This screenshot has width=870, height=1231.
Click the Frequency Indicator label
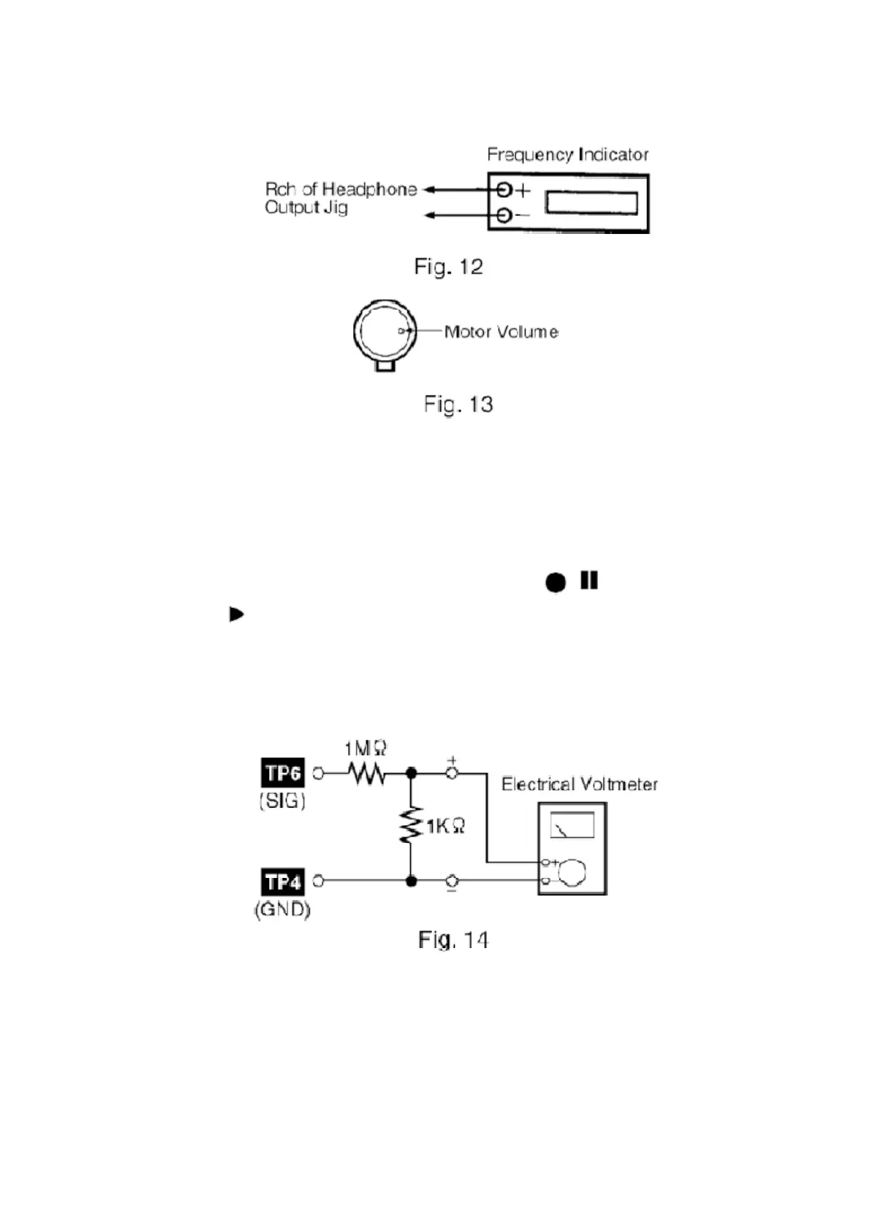(x=567, y=154)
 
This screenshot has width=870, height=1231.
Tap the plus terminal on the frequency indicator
(x=504, y=190)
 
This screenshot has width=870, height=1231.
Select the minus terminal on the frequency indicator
(x=504, y=216)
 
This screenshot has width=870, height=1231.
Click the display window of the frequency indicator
(x=591, y=202)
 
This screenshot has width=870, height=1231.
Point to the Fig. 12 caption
(x=448, y=267)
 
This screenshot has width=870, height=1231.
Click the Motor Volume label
(x=501, y=332)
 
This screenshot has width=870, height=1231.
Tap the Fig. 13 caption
(x=458, y=404)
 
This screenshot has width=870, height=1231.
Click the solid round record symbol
(x=556, y=582)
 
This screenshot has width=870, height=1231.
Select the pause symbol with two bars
(x=589, y=580)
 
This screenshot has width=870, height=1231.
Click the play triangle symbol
(x=236, y=614)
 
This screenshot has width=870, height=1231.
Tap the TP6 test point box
(x=283, y=773)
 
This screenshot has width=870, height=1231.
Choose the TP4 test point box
(x=283, y=882)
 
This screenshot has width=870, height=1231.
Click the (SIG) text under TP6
(x=282, y=800)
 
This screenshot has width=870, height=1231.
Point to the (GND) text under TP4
(x=282, y=909)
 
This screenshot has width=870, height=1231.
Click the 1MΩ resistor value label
(x=366, y=749)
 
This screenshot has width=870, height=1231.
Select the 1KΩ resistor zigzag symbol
(x=411, y=825)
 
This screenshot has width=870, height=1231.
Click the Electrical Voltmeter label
(x=579, y=784)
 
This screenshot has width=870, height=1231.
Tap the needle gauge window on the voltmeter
(x=572, y=825)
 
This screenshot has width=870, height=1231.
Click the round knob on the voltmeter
(x=572, y=872)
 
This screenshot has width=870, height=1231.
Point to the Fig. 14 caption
(x=453, y=939)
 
